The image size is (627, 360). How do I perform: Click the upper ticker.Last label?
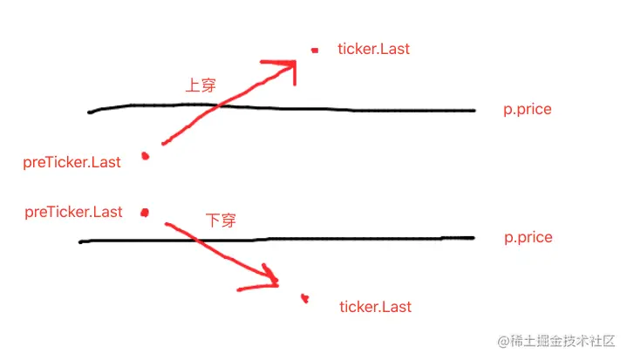[x=373, y=49]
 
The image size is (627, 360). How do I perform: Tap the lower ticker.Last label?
[x=375, y=307]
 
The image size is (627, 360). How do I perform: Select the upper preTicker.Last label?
[x=72, y=161]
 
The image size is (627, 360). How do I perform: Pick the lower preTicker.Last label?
[x=74, y=212]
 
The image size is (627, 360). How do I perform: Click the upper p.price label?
[x=528, y=111]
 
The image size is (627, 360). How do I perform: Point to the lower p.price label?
[x=528, y=237]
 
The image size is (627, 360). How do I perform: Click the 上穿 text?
[x=201, y=85]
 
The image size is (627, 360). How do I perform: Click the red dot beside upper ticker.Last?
[x=316, y=51]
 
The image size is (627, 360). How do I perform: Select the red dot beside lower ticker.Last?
[x=304, y=298]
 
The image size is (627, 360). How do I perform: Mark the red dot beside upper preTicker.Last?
[x=146, y=156]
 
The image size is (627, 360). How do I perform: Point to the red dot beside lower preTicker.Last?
[x=145, y=212]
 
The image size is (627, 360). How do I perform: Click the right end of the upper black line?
[x=474, y=111]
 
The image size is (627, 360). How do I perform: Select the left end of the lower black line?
[x=80, y=241]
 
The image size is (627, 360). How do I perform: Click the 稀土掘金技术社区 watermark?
[x=556, y=340]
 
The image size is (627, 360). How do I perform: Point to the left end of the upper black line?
[x=90, y=112]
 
